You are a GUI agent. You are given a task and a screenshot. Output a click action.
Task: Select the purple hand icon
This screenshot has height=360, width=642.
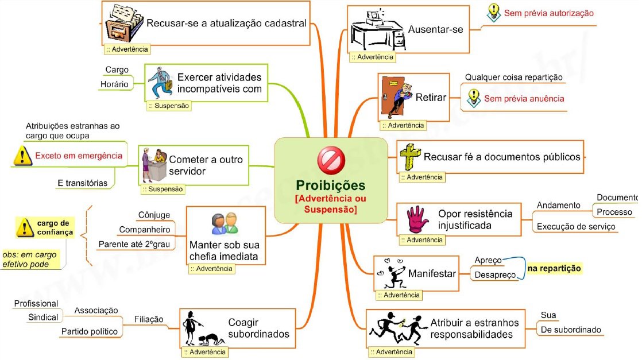[x=417, y=218]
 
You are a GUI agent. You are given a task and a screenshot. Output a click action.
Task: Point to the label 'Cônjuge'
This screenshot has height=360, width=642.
[x=154, y=215]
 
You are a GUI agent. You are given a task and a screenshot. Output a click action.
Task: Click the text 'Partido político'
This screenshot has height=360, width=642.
[x=89, y=331]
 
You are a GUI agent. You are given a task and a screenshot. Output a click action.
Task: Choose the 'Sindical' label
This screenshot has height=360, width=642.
[x=43, y=318]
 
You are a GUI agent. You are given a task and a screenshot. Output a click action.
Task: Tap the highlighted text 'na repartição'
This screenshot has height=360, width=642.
[x=554, y=268]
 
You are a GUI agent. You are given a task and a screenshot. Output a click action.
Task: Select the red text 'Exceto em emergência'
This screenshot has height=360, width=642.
[x=79, y=156]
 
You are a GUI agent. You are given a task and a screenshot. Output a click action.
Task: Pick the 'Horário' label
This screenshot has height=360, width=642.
[x=114, y=84]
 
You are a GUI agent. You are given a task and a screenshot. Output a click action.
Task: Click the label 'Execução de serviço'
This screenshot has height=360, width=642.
[x=576, y=226]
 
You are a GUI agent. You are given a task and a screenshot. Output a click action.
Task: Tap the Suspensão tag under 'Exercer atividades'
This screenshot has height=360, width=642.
[x=169, y=106]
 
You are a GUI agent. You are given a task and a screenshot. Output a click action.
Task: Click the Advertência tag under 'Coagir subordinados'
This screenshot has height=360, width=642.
[x=204, y=351]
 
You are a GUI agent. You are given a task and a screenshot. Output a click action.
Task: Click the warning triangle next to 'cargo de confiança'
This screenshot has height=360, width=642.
[x=24, y=229]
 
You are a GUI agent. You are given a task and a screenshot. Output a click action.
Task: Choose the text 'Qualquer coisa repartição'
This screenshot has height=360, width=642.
[x=513, y=77]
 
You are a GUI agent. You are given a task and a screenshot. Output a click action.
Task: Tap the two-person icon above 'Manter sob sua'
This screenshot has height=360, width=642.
[x=224, y=223]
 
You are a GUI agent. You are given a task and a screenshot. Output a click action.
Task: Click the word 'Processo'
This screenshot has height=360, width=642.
[x=614, y=212]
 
